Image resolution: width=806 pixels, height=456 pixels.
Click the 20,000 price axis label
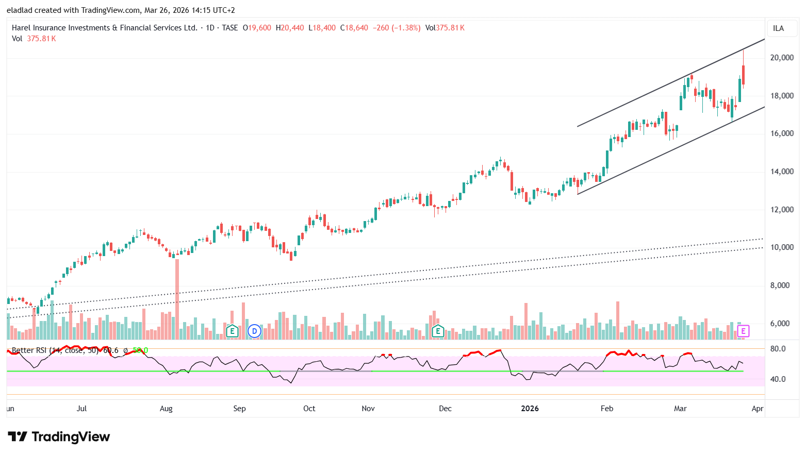[782, 58]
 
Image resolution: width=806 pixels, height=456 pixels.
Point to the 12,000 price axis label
[782, 210]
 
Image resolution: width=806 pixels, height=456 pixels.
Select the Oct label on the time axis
[309, 409]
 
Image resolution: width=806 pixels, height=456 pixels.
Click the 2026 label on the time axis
[530, 409]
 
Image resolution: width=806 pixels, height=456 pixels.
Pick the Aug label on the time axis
[166, 409]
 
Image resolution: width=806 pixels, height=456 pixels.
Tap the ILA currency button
[778, 28]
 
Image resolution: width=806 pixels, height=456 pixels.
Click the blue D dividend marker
[254, 331]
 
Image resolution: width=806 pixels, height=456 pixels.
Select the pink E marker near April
[743, 331]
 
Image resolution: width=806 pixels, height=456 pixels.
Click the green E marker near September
[232, 331]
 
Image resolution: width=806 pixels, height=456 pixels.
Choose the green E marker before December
[438, 331]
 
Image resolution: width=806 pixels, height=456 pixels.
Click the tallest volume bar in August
[177, 299]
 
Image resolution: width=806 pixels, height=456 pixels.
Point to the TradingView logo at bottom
[59, 437]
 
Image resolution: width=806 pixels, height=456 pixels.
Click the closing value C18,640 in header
[354, 28]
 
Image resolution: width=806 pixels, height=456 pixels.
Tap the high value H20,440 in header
[290, 28]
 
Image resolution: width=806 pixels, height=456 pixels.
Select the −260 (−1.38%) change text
[397, 28]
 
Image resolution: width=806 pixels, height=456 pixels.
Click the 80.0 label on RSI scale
[778, 349]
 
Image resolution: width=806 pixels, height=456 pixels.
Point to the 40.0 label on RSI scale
[778, 379]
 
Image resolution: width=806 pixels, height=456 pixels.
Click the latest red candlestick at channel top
[743, 74]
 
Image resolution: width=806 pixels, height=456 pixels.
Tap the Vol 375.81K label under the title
[34, 39]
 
